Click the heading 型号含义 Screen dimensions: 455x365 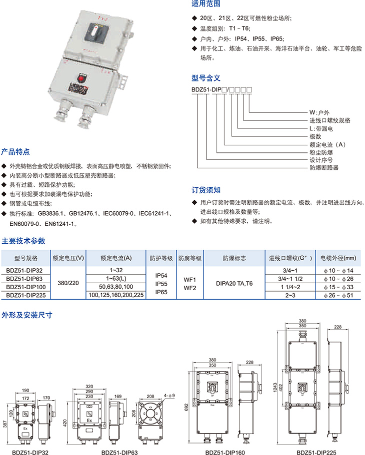tap(206, 78)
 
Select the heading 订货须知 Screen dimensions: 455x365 tap(206, 190)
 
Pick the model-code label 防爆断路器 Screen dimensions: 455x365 tap(324, 168)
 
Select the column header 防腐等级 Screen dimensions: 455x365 tap(190, 258)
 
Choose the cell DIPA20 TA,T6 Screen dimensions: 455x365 tap(234, 282)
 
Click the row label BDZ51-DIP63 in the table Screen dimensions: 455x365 tap(24, 278)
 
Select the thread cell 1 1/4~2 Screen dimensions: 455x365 tap(290, 287)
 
